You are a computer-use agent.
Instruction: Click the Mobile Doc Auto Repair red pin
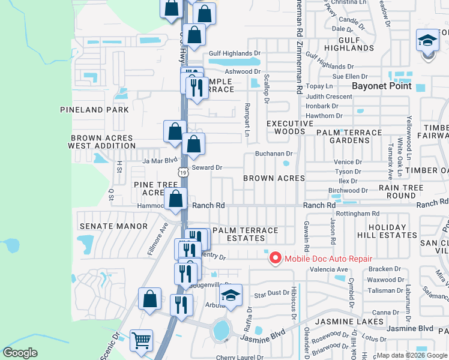coord(276,258)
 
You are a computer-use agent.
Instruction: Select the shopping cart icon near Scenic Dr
coord(141,340)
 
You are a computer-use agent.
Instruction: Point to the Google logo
coord(20,353)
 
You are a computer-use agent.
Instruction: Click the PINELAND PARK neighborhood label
coord(94,110)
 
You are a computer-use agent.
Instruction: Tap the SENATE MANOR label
coord(113,226)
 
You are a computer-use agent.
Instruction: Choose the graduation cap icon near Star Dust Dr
coord(231,295)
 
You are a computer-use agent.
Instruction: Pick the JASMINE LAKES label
coord(358,322)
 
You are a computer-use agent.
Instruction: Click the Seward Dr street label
coord(207,168)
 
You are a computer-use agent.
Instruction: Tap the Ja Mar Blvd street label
coord(160,160)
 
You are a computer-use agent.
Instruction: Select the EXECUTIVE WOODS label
coord(290,127)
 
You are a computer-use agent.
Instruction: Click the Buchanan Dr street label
coord(273,154)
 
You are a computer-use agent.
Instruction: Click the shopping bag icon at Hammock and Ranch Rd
coord(176,200)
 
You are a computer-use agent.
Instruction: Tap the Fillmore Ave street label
coord(160,238)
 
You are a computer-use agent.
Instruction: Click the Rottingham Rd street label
coord(358,213)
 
